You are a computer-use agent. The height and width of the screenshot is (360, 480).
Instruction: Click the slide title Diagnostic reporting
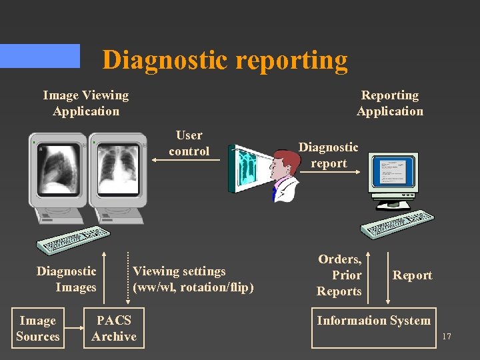pyautogui.click(x=225, y=60)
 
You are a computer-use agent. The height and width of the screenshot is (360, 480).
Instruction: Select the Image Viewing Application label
pyautogui.click(x=85, y=103)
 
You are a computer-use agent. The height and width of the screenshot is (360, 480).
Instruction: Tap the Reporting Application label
pyautogui.click(x=390, y=103)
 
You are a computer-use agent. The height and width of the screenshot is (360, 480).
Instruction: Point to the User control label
pyautogui.click(x=189, y=143)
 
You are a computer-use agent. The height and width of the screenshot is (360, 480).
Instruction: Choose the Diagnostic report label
pyautogui.click(x=328, y=155)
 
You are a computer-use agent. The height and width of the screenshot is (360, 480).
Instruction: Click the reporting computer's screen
pyautogui.click(x=393, y=175)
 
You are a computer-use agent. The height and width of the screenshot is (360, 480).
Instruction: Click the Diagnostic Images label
pyautogui.click(x=67, y=279)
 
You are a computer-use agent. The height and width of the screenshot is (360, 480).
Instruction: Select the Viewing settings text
pyautogui.click(x=193, y=279)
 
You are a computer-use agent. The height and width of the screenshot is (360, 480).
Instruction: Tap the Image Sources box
pyautogui.click(x=38, y=329)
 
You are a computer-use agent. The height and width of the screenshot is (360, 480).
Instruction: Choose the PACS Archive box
pyautogui.click(x=114, y=329)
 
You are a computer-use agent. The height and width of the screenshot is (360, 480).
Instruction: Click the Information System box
pyautogui.click(x=373, y=327)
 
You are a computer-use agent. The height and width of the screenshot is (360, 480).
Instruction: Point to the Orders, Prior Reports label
pyautogui.click(x=339, y=275)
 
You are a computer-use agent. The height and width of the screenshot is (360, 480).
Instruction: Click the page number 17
pyautogui.click(x=446, y=337)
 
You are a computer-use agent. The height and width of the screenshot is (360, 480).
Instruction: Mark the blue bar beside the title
pyautogui.click(x=40, y=56)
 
